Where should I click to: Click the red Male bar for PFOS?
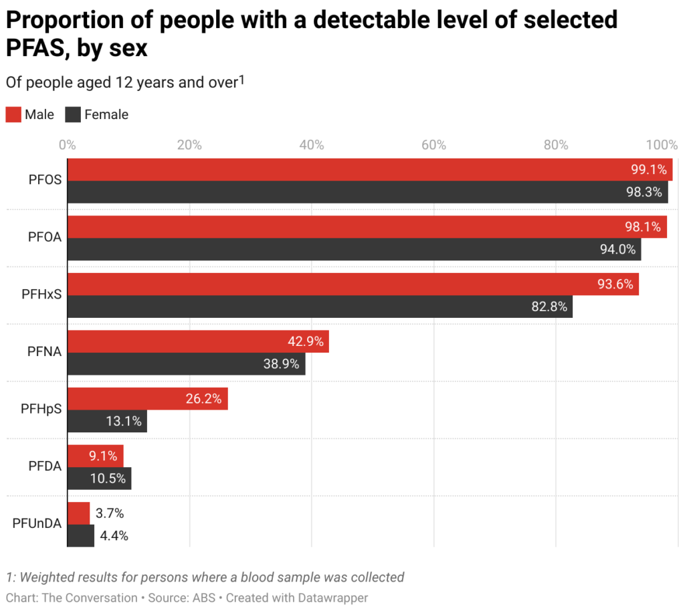368,169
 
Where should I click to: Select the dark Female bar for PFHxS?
320,307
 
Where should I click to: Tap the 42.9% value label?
306,341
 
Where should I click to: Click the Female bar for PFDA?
99,478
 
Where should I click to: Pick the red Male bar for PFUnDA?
78,513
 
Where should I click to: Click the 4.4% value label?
114,535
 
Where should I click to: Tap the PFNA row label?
45,352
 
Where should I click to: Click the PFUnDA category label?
37,524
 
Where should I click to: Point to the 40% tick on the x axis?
312,145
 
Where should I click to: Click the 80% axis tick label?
556,145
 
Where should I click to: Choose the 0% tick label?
67,145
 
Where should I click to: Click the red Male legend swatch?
13,114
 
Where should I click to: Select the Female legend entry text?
106,114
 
